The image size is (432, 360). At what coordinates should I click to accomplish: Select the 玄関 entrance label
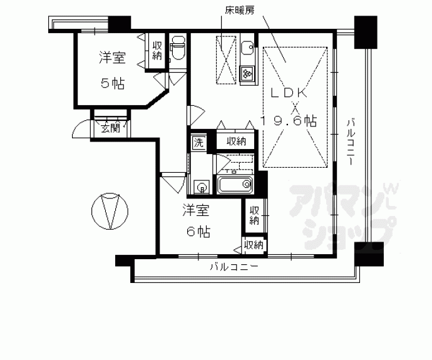111,129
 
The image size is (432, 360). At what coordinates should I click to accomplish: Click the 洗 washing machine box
198,142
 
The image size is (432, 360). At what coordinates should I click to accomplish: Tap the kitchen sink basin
247,48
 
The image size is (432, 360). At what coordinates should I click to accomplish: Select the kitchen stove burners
247,73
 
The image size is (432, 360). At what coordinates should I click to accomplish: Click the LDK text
289,92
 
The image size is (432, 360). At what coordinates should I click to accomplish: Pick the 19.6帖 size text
289,121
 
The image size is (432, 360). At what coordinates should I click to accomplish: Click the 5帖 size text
113,83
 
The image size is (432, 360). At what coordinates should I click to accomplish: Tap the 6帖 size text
196,231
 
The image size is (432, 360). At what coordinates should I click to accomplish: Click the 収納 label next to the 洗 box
235,141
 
